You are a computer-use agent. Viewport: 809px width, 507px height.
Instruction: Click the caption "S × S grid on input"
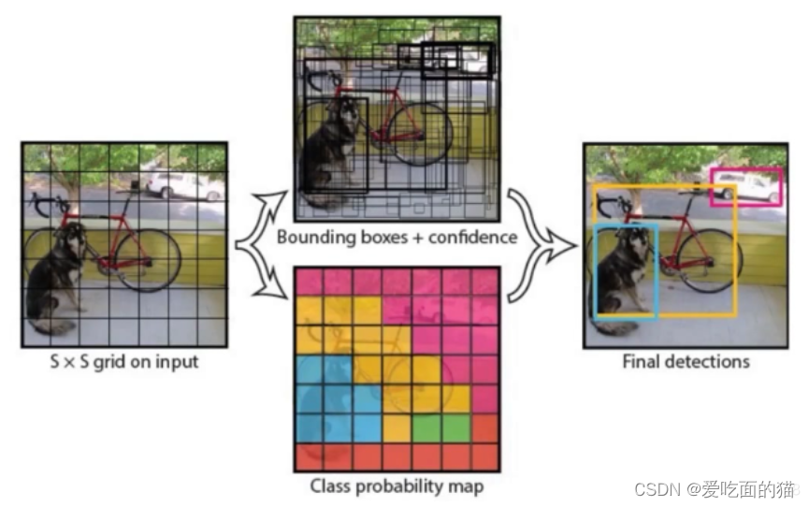123,361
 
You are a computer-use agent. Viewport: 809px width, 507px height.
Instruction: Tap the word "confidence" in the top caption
473,237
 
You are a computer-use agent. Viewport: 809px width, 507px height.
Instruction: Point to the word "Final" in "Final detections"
642,361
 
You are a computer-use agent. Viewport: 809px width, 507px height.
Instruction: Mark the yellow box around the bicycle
736,253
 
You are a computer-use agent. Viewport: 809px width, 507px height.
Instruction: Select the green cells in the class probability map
441,427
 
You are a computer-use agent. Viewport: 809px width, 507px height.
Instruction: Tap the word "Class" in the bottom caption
331,486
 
